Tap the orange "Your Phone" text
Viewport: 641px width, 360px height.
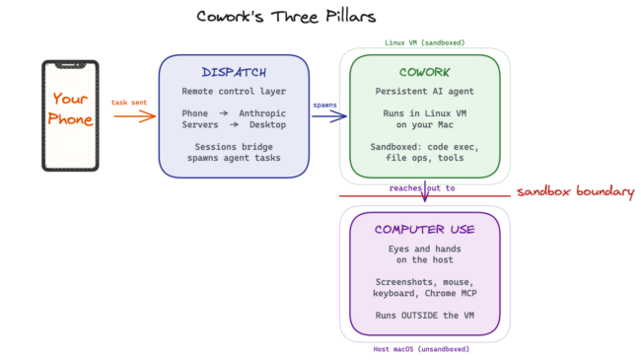(x=71, y=109)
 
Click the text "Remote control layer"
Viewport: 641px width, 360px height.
(x=234, y=92)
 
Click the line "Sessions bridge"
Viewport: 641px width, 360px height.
(x=234, y=146)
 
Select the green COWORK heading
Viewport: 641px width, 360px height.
(x=424, y=73)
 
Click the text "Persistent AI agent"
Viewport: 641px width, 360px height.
(x=424, y=92)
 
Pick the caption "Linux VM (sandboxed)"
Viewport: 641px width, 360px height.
(x=424, y=42)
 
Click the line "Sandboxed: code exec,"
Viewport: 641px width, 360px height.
(x=424, y=146)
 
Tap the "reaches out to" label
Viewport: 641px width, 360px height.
(x=421, y=187)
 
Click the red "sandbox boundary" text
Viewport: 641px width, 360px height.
(x=576, y=191)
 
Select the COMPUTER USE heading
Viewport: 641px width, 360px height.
(x=424, y=230)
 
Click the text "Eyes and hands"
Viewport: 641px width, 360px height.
(x=424, y=250)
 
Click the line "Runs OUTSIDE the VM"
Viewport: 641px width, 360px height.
(x=424, y=316)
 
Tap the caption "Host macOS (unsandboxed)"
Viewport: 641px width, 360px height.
(x=424, y=348)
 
